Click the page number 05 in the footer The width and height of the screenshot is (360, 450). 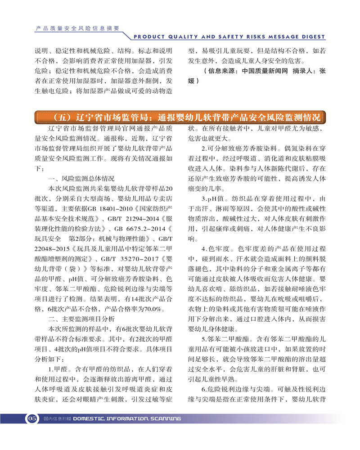tap(32, 418)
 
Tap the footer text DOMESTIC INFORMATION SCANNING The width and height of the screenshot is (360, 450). tap(127, 418)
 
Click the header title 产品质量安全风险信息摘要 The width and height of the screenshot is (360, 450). tap(77, 27)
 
